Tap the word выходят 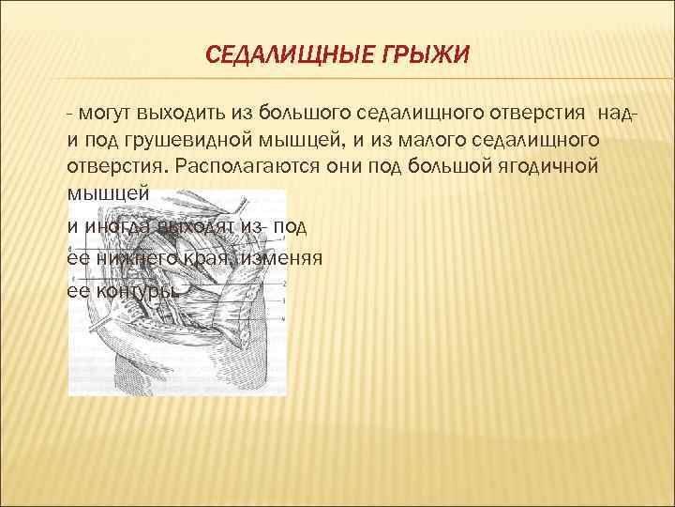(192, 226)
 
